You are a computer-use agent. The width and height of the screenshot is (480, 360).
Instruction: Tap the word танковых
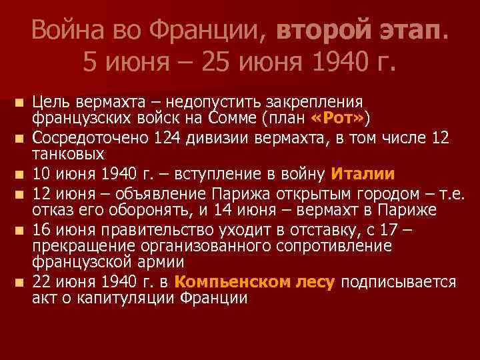68,154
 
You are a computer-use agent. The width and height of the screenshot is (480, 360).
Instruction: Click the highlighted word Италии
363,174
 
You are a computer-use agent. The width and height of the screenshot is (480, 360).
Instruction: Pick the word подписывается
398,282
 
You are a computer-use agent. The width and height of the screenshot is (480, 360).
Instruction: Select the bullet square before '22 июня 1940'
20,283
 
